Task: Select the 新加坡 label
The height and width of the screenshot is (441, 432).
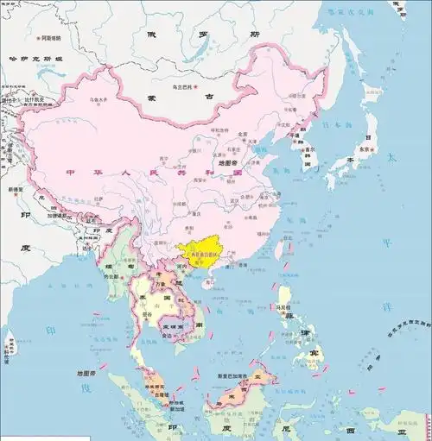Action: [176, 403]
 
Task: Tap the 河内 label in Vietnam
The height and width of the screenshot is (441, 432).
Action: [180, 268]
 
